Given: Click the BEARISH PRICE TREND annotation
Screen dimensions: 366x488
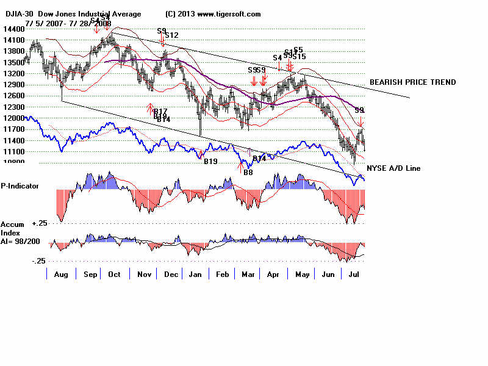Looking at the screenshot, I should tap(412, 82).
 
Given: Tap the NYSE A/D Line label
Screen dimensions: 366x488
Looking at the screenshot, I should tap(393, 168).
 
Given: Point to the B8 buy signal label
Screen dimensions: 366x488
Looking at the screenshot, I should tap(248, 173).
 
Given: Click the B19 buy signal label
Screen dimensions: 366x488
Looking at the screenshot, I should tap(210, 161).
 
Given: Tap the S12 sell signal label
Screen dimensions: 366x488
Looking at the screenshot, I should tap(171, 35).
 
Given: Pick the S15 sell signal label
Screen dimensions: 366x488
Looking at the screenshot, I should tap(299, 57).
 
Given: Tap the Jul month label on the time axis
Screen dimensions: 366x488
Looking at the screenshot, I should tap(353, 275).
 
